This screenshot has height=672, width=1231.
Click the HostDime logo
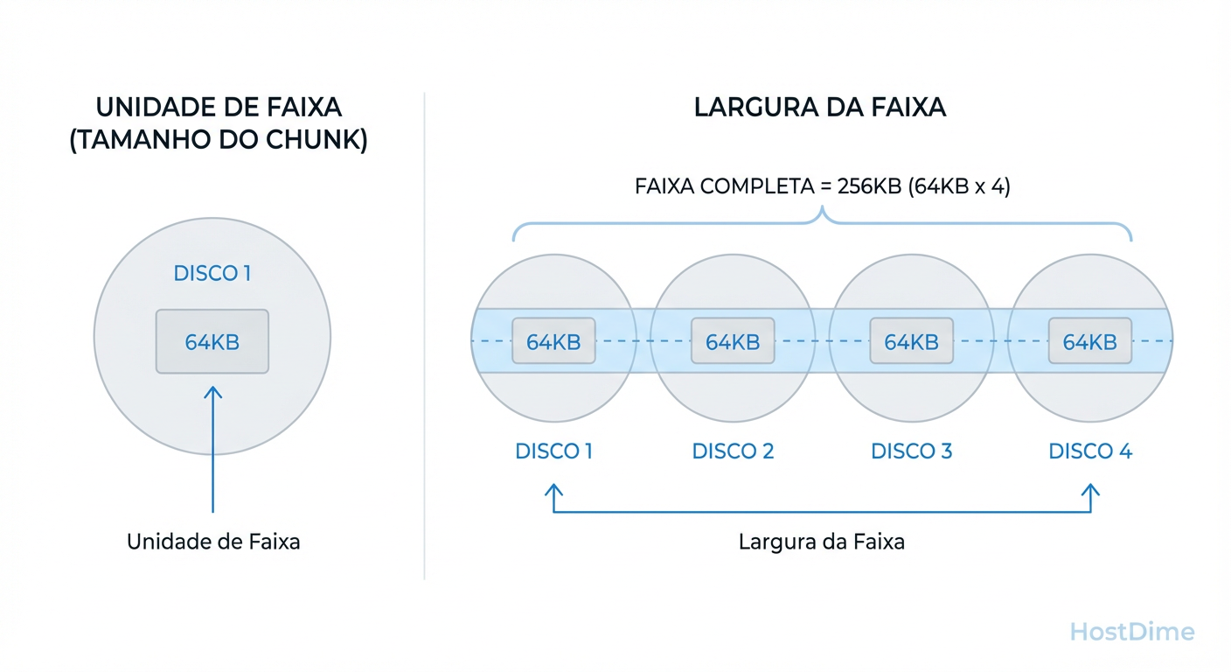pyautogui.click(x=1132, y=632)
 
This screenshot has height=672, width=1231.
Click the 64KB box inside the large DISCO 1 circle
pyautogui.click(x=212, y=341)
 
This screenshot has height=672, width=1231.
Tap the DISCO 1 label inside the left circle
pyautogui.click(x=212, y=273)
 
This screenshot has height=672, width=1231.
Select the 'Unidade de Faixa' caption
pyautogui.click(x=213, y=542)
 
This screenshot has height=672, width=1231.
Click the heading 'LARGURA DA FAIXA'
pyautogui.click(x=820, y=108)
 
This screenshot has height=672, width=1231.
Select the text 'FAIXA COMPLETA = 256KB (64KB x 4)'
pyautogui.click(x=822, y=186)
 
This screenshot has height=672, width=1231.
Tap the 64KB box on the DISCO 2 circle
pyautogui.click(x=733, y=341)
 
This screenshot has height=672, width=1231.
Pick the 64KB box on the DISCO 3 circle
pyautogui.click(x=911, y=341)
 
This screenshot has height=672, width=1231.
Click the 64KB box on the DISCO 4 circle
pyautogui.click(x=1089, y=341)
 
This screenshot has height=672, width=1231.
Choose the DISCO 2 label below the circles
pyautogui.click(x=733, y=451)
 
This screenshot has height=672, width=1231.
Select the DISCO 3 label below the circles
pyautogui.click(x=911, y=451)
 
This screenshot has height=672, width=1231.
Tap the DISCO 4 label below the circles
pyautogui.click(x=1090, y=451)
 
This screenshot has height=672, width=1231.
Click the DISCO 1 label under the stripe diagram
pyautogui.click(x=553, y=451)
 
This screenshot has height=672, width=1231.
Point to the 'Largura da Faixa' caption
pyautogui.click(x=822, y=542)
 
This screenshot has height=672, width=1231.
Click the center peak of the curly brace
pyautogui.click(x=822, y=212)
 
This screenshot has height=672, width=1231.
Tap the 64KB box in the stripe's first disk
pyautogui.click(x=553, y=341)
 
